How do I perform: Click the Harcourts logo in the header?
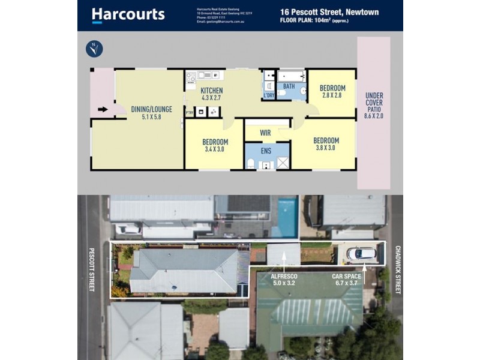[128, 14]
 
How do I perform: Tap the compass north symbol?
[94, 49]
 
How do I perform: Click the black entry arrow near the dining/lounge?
[103, 109]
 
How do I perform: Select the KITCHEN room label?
[203, 90]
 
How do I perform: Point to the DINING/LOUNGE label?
[151, 109]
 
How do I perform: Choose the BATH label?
[289, 86]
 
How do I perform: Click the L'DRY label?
[269, 95]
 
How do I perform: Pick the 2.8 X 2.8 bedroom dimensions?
[331, 95]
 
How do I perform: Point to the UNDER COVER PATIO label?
[374, 106]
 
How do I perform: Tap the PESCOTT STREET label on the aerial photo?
[92, 269]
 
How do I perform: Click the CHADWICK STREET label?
[397, 268]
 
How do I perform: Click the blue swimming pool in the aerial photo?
[287, 210]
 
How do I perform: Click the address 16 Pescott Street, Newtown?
[329, 11]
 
